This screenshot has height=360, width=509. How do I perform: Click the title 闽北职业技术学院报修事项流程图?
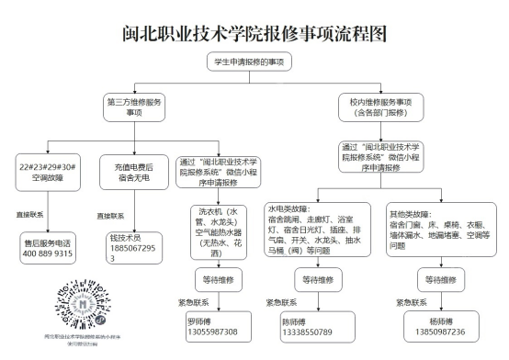[x=254, y=34]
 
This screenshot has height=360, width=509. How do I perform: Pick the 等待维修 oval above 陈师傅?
[x=311, y=277]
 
